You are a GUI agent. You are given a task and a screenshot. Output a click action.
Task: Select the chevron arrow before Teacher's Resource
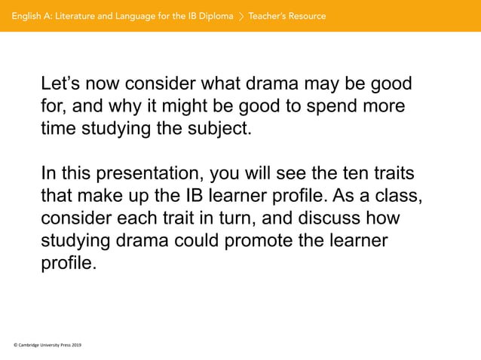point(241,16)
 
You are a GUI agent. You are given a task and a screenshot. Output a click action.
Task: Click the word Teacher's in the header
point(268,16)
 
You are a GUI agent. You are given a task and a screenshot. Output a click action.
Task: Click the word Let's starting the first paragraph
point(61,84)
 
